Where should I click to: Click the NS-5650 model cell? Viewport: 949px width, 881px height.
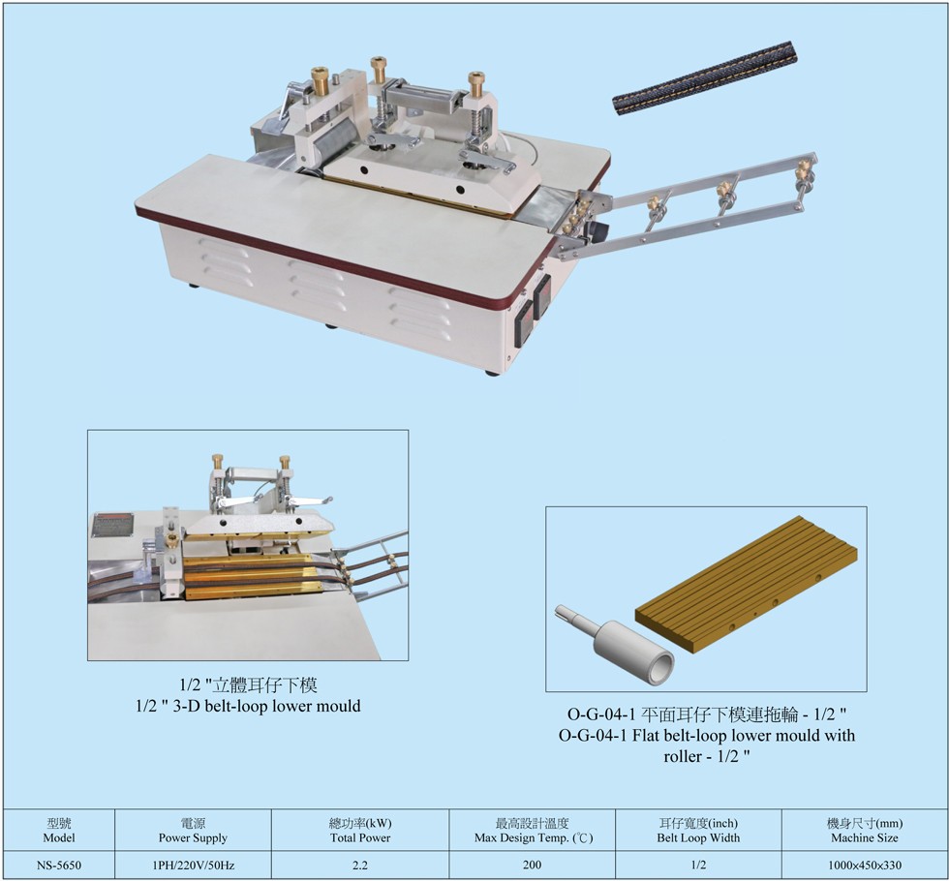pyautogui.click(x=59, y=866)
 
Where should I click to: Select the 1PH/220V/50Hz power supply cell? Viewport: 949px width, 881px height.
pyautogui.click(x=193, y=866)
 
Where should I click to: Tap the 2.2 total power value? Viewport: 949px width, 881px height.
pyautogui.click(x=360, y=866)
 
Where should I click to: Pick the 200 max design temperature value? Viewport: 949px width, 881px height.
pyautogui.click(x=532, y=865)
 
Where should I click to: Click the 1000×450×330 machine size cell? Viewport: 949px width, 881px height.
pyautogui.click(x=864, y=866)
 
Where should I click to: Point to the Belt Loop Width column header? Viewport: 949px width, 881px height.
pyautogui.click(x=698, y=831)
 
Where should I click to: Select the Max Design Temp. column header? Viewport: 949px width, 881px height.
pyautogui.click(x=533, y=831)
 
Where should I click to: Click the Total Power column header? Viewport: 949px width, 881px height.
pyautogui.click(x=360, y=831)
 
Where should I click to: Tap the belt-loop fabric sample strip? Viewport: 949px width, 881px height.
pyautogui.click(x=705, y=77)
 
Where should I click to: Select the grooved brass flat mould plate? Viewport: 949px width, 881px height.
pyautogui.click(x=747, y=583)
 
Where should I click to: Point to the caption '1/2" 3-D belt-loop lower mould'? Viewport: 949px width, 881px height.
pyautogui.click(x=248, y=706)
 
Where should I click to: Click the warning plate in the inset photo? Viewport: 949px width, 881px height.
pyautogui.click(x=112, y=525)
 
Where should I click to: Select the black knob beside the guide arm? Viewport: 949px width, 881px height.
pyautogui.click(x=599, y=230)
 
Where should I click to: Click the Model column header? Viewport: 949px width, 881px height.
pyautogui.click(x=59, y=831)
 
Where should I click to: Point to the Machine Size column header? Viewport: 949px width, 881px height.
pyautogui.click(x=864, y=831)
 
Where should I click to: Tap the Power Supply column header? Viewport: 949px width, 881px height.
pyautogui.click(x=193, y=831)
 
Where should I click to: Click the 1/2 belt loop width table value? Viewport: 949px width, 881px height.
pyautogui.click(x=698, y=866)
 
